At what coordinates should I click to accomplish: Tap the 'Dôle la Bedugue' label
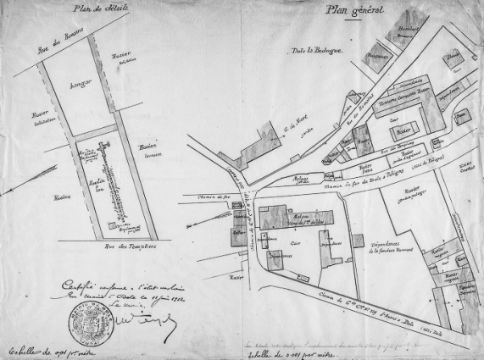coord(316,53)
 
